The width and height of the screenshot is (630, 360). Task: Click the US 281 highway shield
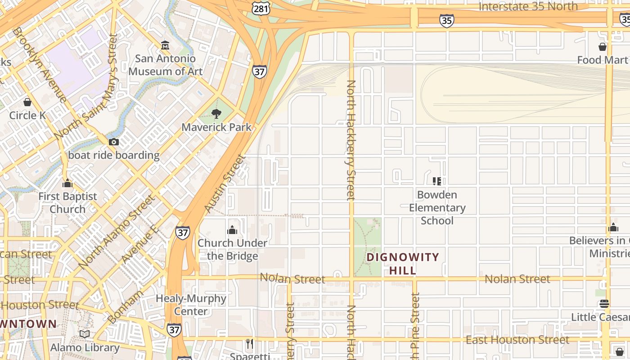[261, 9]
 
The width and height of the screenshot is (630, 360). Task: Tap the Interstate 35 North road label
[528, 6]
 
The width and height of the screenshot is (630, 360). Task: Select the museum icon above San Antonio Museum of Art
[165, 45]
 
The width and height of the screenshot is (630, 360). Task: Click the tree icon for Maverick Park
[216, 114]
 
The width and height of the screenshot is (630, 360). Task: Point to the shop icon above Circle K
[27, 102]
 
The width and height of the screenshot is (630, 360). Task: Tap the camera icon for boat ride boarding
[114, 142]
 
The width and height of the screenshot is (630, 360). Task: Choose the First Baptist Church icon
[67, 183]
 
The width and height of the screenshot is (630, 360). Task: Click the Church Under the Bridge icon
[232, 230]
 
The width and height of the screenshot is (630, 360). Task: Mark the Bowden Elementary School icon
[436, 181]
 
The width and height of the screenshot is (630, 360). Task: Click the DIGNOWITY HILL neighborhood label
[403, 264]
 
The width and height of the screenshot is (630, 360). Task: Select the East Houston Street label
[517, 340]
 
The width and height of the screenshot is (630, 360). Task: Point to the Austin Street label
[225, 184]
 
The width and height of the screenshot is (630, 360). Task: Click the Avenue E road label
[140, 245]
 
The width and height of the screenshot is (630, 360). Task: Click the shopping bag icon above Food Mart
[603, 47]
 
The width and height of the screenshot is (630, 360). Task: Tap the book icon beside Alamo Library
[85, 334]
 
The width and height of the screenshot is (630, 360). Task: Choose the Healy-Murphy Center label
[191, 305]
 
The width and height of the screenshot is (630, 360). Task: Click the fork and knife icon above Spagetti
[250, 344]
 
